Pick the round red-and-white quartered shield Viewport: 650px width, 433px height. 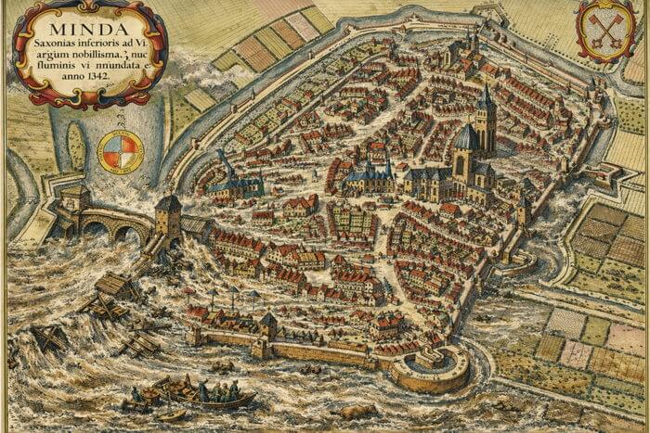click(x=120, y=152)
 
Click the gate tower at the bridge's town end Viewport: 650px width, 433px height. click(x=168, y=217)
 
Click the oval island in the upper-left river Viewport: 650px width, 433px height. click(x=76, y=146)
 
